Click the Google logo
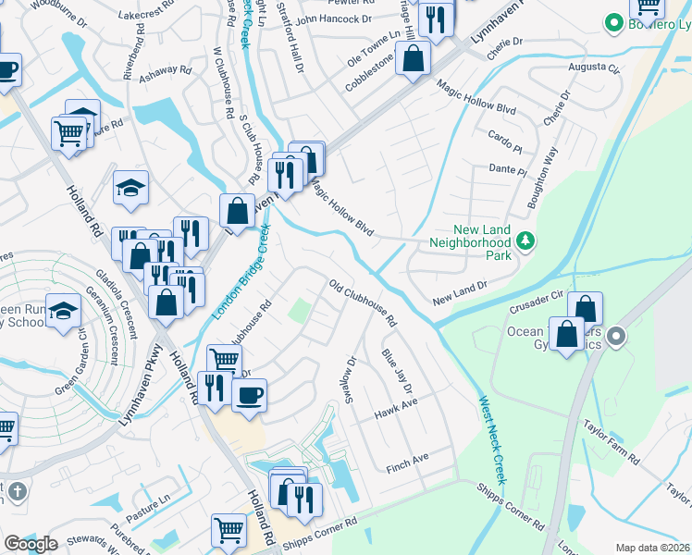click(31, 544)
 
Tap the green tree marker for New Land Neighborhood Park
click(525, 240)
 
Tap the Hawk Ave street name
click(397, 408)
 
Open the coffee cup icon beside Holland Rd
click(248, 396)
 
